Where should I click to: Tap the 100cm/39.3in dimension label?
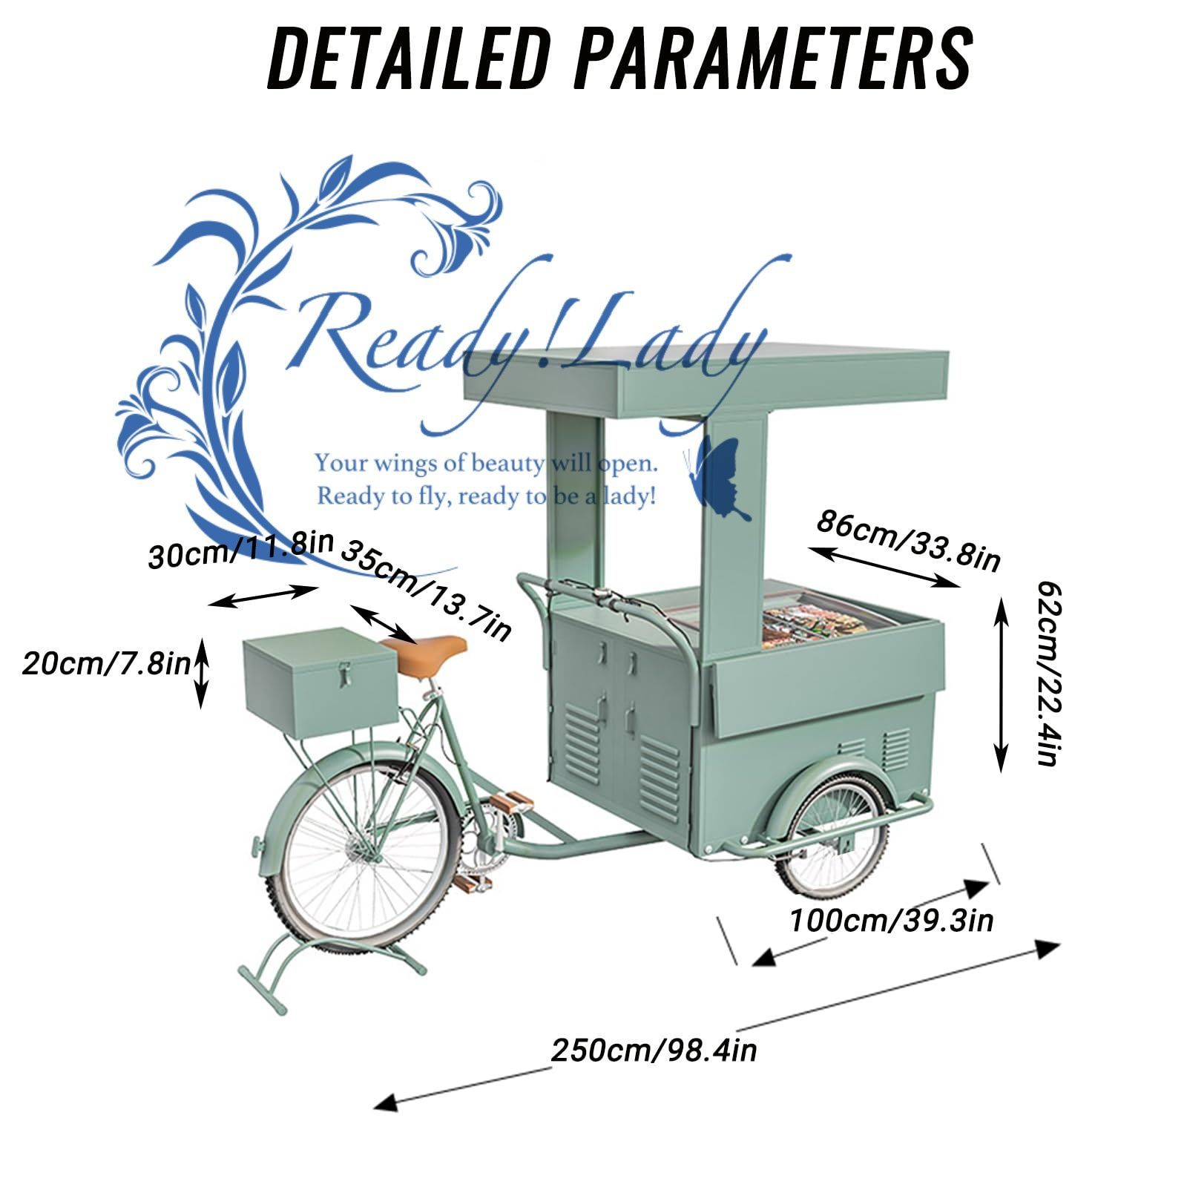point(891,921)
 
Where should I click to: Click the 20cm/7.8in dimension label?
point(106,662)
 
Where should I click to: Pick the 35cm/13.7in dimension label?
point(427,591)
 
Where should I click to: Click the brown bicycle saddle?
point(431,654)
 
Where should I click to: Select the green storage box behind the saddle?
point(320,683)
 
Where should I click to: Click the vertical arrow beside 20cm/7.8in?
point(201,671)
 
